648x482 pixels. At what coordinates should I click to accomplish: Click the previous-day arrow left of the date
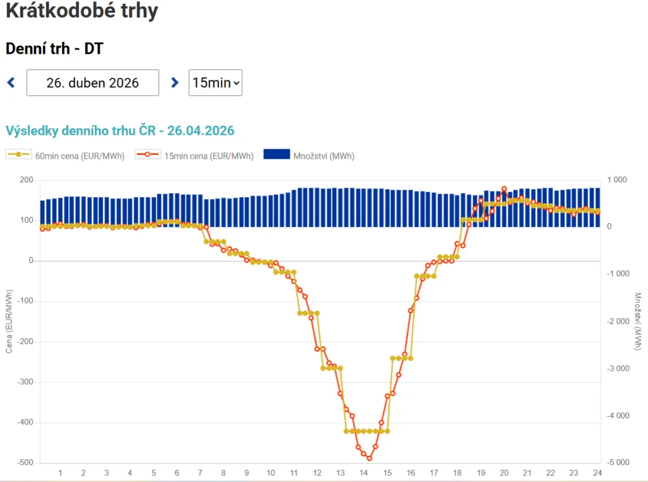pyautogui.click(x=11, y=82)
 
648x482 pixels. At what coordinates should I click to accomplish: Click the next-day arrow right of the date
pyautogui.click(x=175, y=82)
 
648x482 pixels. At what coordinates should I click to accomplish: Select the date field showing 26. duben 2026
pyautogui.click(x=92, y=83)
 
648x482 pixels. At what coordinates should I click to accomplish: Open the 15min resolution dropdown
pyautogui.click(x=215, y=83)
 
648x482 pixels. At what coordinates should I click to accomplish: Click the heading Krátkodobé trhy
pyautogui.click(x=82, y=11)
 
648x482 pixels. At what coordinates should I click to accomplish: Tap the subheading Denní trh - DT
pyautogui.click(x=54, y=48)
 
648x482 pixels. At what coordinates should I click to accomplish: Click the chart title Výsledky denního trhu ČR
pyautogui.click(x=120, y=131)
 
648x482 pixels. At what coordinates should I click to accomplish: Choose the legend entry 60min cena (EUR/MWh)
pyautogui.click(x=66, y=156)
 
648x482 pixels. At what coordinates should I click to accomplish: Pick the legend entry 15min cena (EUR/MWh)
pyautogui.click(x=195, y=156)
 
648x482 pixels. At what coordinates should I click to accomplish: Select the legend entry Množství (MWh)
pyautogui.click(x=309, y=156)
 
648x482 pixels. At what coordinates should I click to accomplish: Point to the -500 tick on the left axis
pyautogui.click(x=25, y=462)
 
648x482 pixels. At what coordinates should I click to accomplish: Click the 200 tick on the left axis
pyautogui.click(x=27, y=180)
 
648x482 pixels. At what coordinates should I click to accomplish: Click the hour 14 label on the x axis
pyautogui.click(x=363, y=473)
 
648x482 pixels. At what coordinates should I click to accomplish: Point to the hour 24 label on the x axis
pyautogui.click(x=597, y=473)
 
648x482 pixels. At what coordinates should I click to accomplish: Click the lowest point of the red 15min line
pyautogui.click(x=370, y=458)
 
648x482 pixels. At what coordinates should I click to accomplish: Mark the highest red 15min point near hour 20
pyautogui.click(x=504, y=189)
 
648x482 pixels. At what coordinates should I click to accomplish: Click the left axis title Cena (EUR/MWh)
pyautogui.click(x=9, y=321)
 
